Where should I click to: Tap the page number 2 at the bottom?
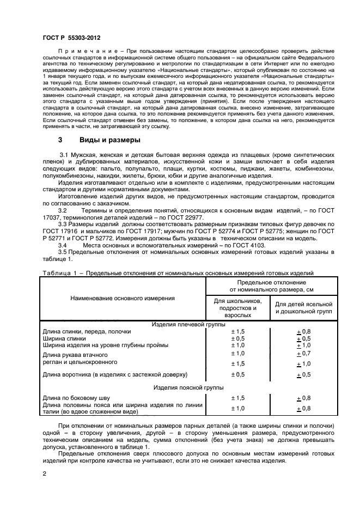(44, 474)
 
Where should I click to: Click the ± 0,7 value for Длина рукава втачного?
(303, 354)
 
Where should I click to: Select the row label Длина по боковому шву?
(77, 398)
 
